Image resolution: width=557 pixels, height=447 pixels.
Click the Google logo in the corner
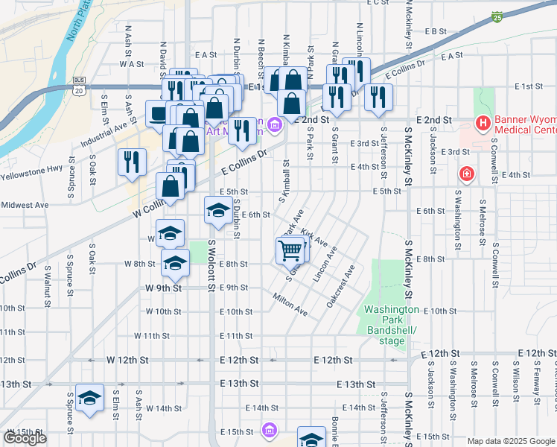[x=25, y=438]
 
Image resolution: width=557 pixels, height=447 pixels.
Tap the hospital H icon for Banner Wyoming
[x=483, y=122]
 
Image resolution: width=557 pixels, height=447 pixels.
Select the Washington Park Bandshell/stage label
[x=390, y=325]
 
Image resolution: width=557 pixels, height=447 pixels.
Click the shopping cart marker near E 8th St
[x=290, y=250]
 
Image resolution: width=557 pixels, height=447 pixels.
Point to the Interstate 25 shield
[x=497, y=16]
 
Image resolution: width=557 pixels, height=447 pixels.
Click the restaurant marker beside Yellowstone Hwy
[x=131, y=162]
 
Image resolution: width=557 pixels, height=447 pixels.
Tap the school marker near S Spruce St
[x=90, y=399]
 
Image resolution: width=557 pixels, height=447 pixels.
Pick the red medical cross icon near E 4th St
[x=466, y=174]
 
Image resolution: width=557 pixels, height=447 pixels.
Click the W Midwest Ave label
[x=25, y=205]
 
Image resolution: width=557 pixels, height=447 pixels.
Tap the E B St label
[x=435, y=31]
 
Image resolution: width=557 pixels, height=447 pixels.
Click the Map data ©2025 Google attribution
[x=512, y=441]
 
